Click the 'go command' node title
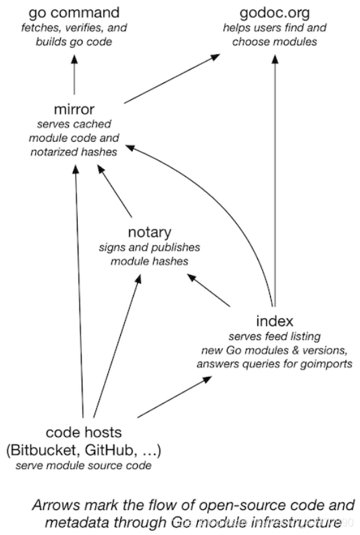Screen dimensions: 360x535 click(x=74, y=13)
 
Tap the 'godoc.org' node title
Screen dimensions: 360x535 click(x=275, y=13)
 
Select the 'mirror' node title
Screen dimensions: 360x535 click(x=74, y=109)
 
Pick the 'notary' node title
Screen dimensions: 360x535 click(x=149, y=232)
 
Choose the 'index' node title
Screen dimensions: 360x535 click(x=275, y=321)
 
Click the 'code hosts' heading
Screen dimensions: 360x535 click(x=84, y=432)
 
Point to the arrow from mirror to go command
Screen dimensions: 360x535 click(x=74, y=75)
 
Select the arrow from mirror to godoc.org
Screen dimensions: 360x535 click(x=172, y=78)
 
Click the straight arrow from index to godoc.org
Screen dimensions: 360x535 click(x=275, y=181)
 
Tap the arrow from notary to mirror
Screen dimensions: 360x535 click(x=115, y=190)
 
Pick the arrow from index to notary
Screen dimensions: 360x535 click(x=209, y=290)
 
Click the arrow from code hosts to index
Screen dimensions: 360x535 click(x=174, y=397)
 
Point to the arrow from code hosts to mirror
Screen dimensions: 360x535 click(x=79, y=291)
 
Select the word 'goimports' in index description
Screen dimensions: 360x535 click(x=326, y=364)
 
